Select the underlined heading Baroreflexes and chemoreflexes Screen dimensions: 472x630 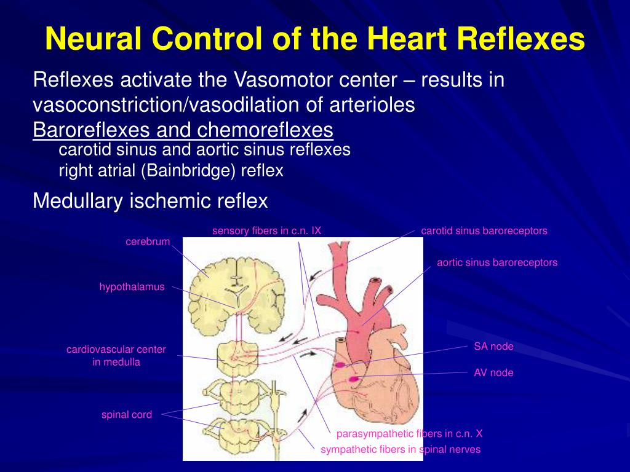tap(183, 130)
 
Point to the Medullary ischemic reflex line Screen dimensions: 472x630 tap(150, 200)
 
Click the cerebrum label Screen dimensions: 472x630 tap(148, 242)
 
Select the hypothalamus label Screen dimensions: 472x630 tap(132, 287)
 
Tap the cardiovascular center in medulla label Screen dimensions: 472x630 tap(116, 356)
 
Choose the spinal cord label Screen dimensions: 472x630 tap(127, 415)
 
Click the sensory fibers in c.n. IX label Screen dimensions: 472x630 tap(267, 231)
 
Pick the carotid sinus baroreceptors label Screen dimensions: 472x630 tap(484, 231)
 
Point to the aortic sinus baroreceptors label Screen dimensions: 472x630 tap(497, 262)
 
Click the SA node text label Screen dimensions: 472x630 tap(493, 347)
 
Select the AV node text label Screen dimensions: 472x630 tap(493, 372)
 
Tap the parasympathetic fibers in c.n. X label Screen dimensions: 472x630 tap(410, 434)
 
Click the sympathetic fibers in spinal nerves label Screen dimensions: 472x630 tap(401, 450)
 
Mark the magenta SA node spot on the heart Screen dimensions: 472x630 tap(340, 364)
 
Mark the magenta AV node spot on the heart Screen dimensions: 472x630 tap(354, 379)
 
